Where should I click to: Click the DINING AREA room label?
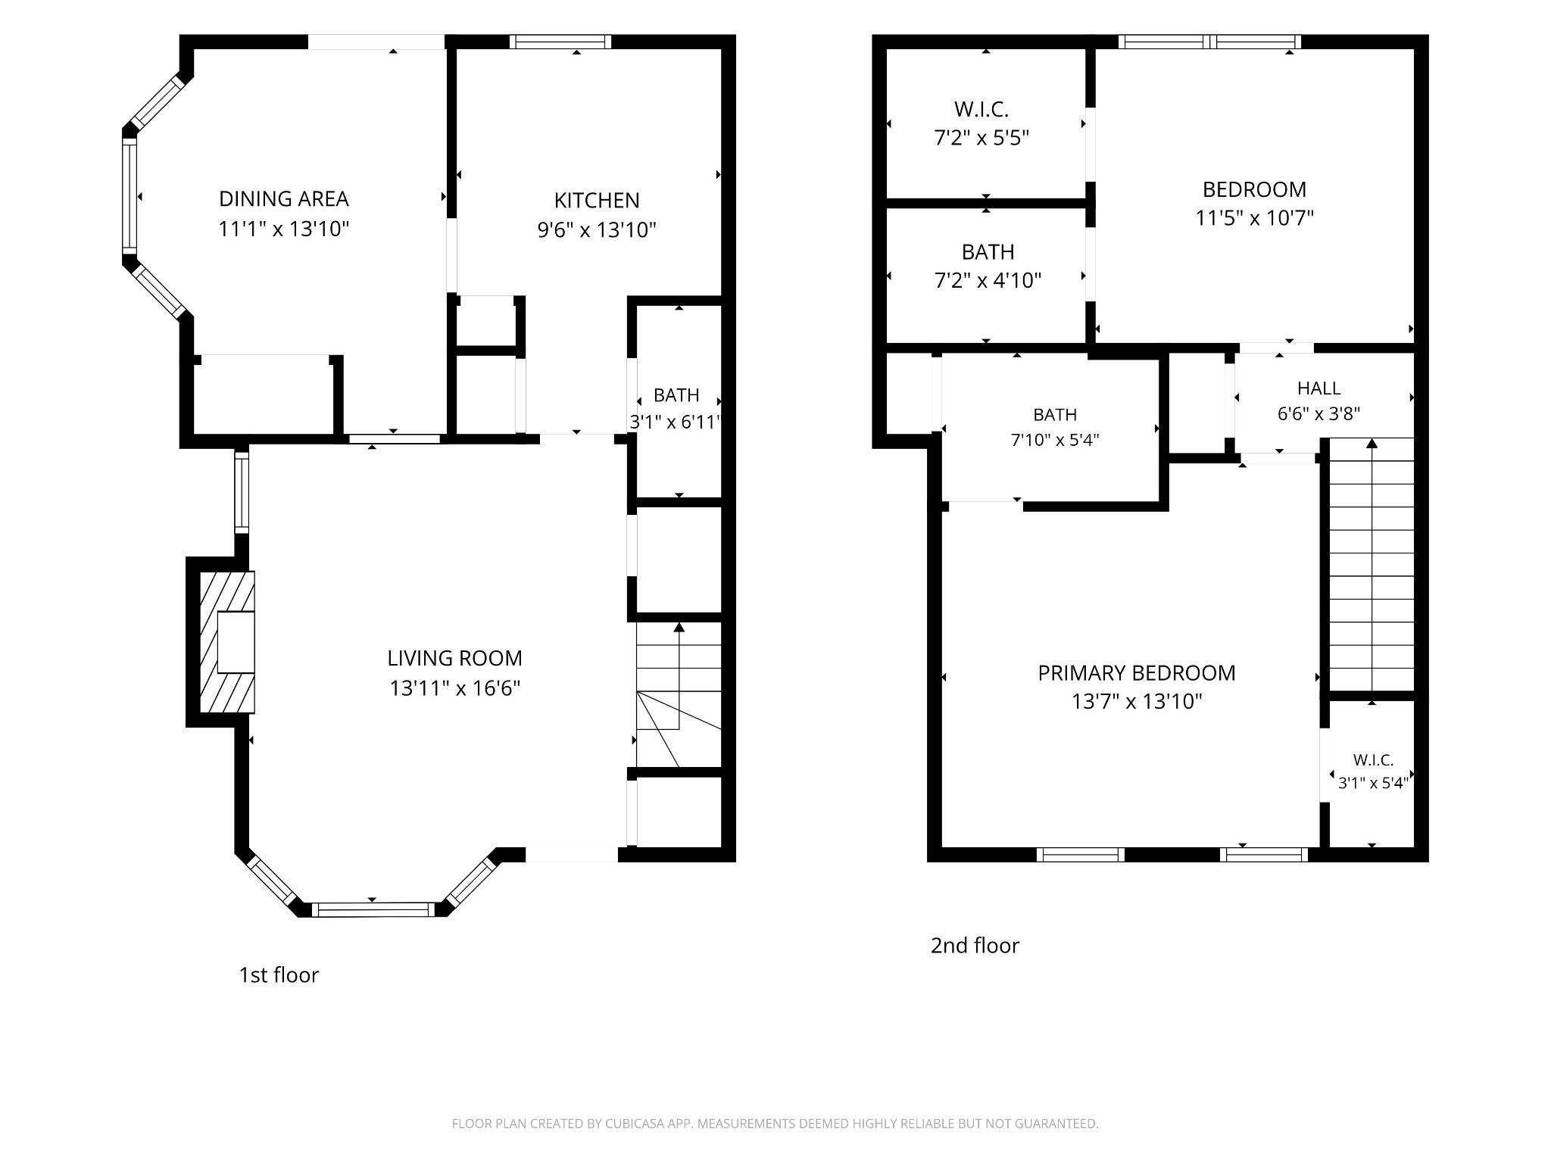point(284,199)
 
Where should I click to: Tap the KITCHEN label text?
point(597,201)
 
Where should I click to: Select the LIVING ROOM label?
point(454,659)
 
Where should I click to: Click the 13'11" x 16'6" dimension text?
point(454,688)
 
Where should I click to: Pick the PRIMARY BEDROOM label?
point(1137,673)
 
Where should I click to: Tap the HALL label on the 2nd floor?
point(1319,388)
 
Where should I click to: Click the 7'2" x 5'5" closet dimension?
point(981,139)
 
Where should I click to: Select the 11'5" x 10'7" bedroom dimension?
point(1254,218)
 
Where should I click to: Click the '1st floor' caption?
point(279,975)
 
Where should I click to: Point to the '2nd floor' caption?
point(975,946)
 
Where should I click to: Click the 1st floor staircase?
point(679,695)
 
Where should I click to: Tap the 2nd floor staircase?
point(1372,564)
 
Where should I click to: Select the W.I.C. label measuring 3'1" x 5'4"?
point(1373,760)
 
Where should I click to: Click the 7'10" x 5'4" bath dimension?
point(1055,440)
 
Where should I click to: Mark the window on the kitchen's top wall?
point(560,42)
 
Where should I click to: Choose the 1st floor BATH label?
point(676,395)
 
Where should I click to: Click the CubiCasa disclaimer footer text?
point(775,1124)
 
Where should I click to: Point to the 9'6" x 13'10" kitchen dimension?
point(597,230)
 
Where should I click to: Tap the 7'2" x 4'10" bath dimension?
point(988,281)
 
